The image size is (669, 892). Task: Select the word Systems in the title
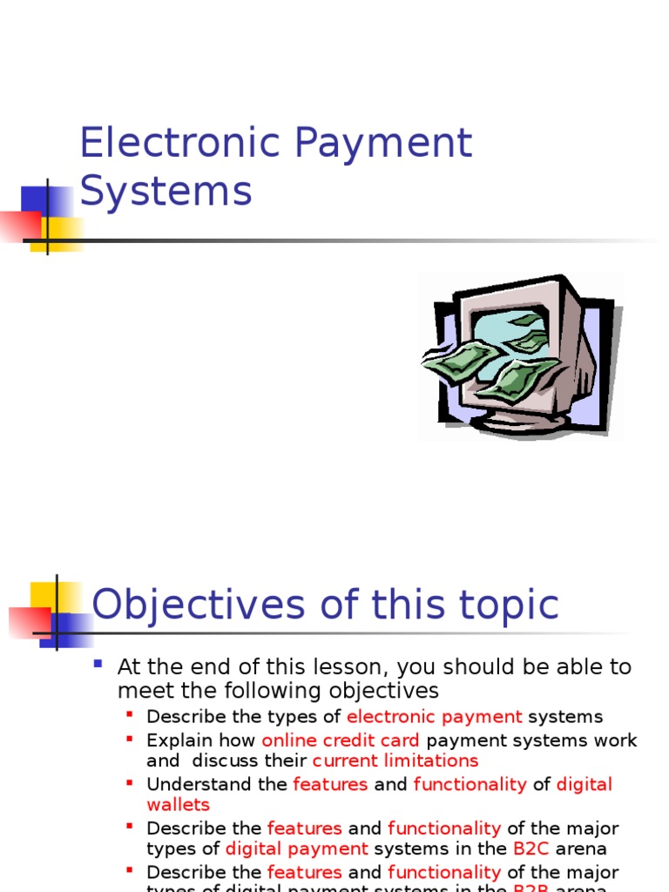[166, 192]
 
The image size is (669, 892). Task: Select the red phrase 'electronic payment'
[434, 717]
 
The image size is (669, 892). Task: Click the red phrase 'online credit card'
[341, 740]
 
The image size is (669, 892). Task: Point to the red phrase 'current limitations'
[395, 760]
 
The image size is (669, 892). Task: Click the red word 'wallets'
[178, 804]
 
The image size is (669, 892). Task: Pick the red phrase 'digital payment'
[296, 848]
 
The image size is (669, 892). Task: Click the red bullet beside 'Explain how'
[130, 738]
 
